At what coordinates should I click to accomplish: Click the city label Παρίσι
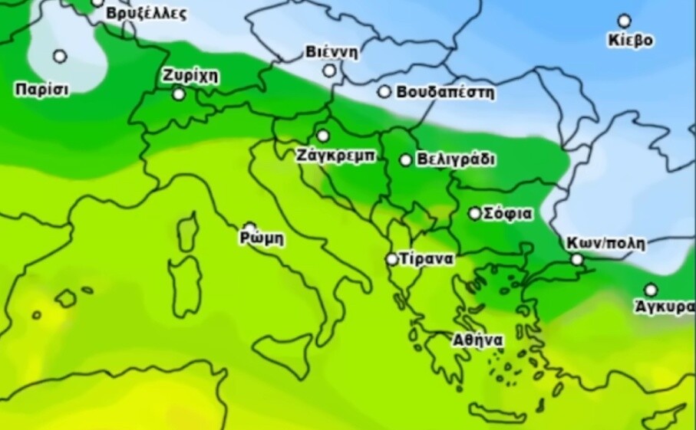click(x=41, y=90)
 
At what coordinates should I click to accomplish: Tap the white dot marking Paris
click(x=60, y=56)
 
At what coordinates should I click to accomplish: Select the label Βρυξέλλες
click(x=146, y=14)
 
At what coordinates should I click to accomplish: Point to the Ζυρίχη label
click(x=190, y=76)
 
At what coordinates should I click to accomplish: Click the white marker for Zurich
click(x=179, y=94)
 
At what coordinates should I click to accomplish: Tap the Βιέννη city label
click(x=332, y=52)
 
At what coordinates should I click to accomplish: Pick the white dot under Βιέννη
click(x=329, y=71)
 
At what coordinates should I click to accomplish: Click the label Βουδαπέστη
click(x=446, y=93)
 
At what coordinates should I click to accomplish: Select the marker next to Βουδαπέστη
click(x=384, y=92)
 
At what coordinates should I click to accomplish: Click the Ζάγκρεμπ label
click(x=335, y=155)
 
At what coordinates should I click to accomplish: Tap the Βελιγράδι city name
click(x=457, y=160)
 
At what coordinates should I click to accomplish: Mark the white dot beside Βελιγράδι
click(x=406, y=160)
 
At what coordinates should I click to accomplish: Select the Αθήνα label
click(x=477, y=340)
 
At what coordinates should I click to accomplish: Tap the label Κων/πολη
click(x=605, y=244)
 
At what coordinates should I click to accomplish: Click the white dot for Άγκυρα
click(x=651, y=290)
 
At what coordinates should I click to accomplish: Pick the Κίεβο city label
click(x=631, y=40)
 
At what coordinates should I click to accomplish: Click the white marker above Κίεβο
click(x=625, y=21)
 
